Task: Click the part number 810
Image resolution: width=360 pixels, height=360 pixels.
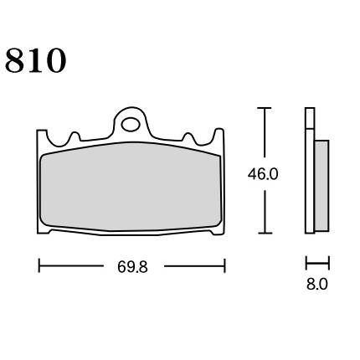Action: tap(35, 60)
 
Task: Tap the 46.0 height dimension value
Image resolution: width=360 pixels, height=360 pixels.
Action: tap(263, 175)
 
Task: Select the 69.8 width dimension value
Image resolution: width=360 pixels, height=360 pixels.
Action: tap(132, 267)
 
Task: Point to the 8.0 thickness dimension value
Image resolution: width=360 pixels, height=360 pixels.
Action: tap(317, 285)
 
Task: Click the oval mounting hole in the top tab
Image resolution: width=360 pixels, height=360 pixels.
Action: tap(131, 125)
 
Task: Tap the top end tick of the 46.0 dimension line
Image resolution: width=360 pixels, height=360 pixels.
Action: tap(265, 108)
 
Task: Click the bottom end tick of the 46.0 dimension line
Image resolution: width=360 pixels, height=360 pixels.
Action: tap(265, 233)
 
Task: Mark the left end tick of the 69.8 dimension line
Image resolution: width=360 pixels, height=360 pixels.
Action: tap(39, 265)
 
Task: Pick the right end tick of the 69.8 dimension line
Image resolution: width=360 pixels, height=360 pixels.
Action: tap(224, 265)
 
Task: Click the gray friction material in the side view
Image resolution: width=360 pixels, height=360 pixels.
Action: tap(321, 186)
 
